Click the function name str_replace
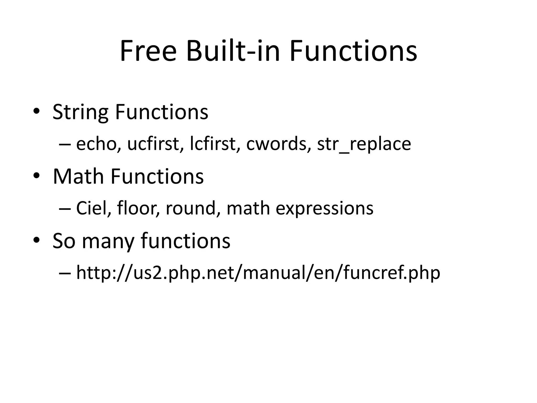pos(364,145)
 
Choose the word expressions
pos(324,209)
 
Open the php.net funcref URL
pos(258,273)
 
